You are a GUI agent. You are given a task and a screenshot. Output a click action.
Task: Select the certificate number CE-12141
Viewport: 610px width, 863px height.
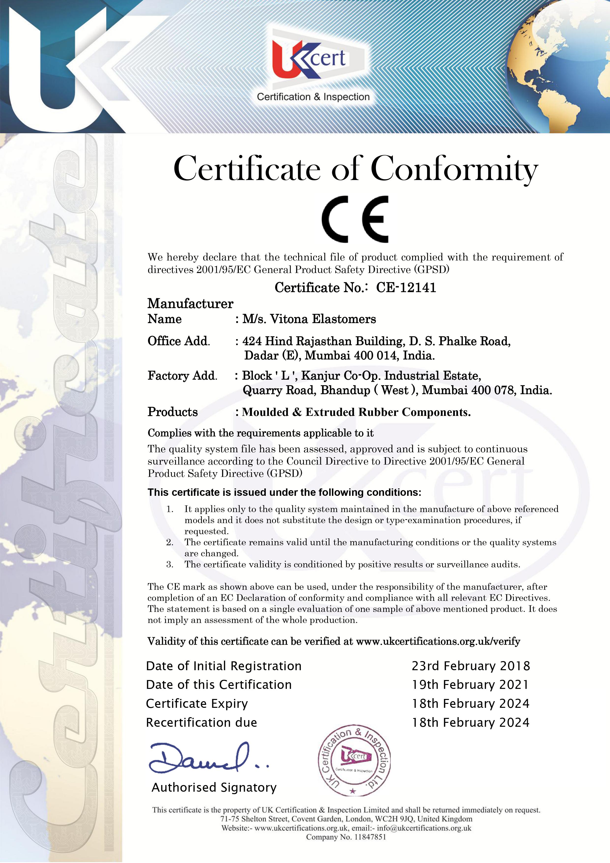coord(406,288)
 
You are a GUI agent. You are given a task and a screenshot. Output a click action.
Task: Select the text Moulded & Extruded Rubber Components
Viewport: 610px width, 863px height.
coord(356,412)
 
